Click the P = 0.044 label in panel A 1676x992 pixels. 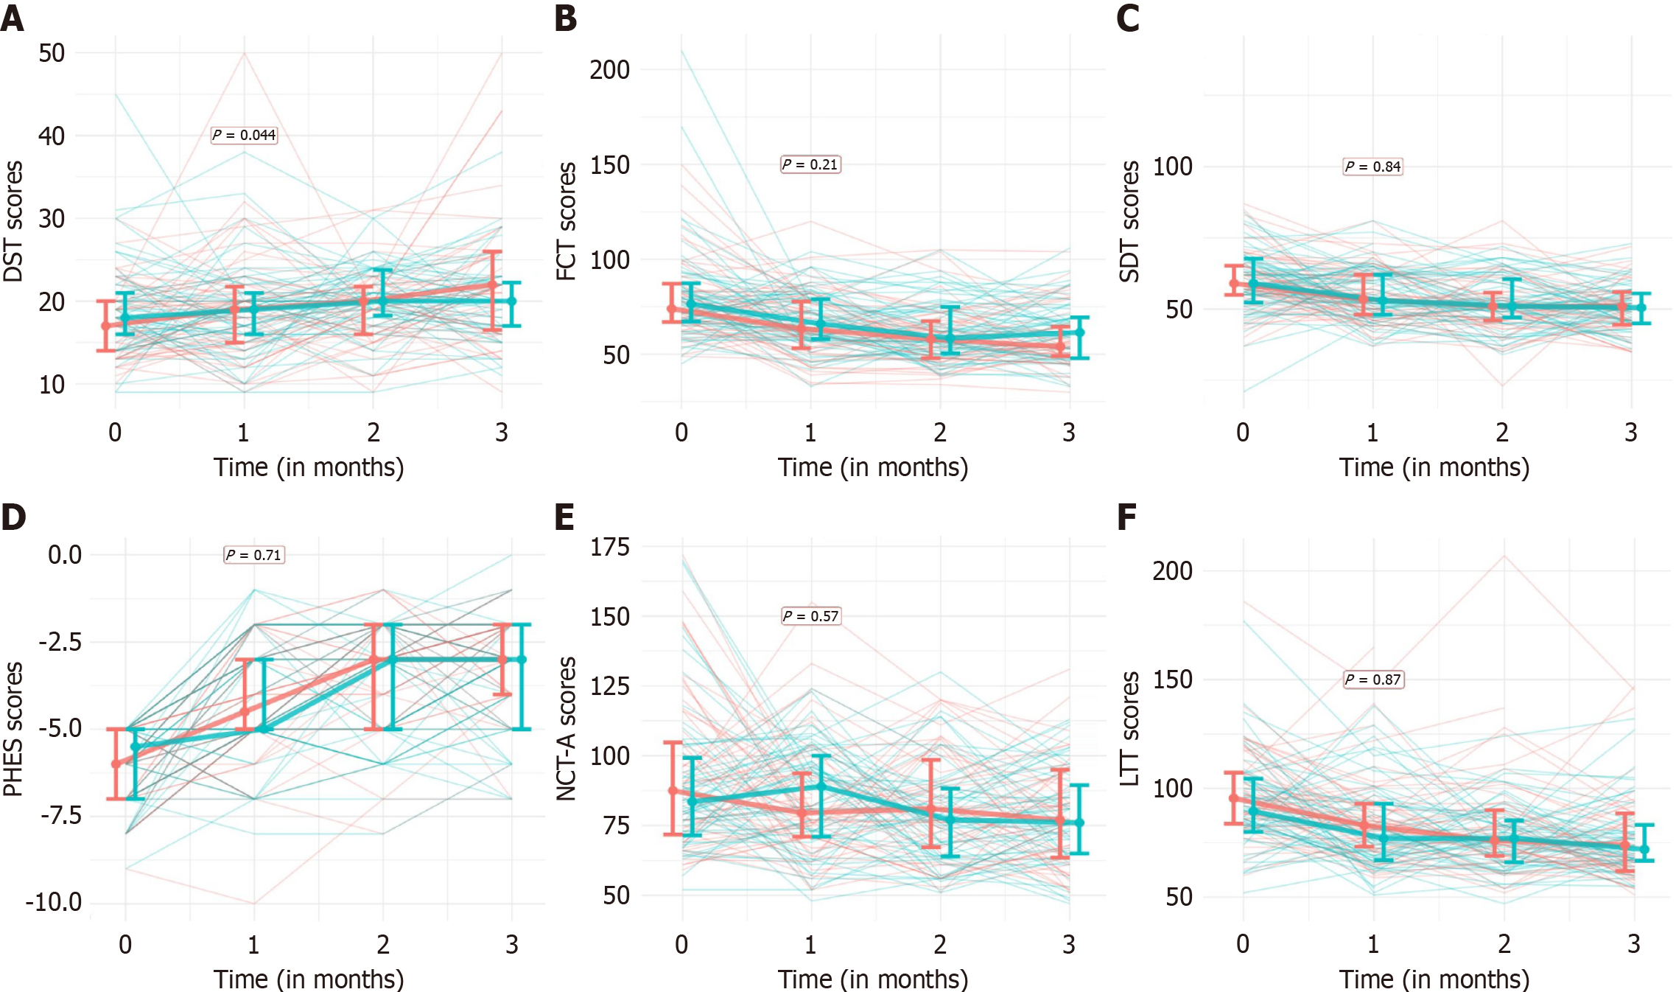coord(244,135)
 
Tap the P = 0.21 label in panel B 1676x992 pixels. coord(810,164)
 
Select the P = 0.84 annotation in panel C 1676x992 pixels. coord(1372,167)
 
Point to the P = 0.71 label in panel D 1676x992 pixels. coord(253,555)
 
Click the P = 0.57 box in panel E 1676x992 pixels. coord(810,616)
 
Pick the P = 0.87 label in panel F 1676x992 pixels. coord(1373,680)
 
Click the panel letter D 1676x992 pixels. coord(13,517)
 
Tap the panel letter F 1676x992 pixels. coord(1126,517)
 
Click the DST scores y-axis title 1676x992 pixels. coord(13,221)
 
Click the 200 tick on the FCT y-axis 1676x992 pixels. coord(609,70)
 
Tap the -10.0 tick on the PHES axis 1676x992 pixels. coord(54,902)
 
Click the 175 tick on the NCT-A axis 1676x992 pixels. coord(609,547)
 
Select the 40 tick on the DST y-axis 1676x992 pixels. coord(52,136)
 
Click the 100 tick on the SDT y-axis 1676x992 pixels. coord(1172,167)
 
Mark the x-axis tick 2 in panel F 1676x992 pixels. coord(1504,944)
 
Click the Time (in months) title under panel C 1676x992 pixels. coord(1434,467)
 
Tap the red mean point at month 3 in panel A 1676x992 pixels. coord(492,284)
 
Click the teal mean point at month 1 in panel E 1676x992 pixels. coord(821,786)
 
